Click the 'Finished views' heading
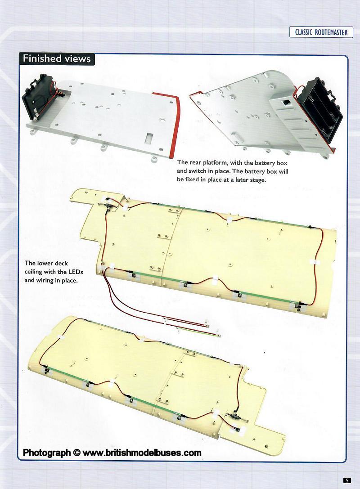click(57, 58)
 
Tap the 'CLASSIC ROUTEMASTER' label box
click(321, 32)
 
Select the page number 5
click(347, 480)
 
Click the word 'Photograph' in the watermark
click(47, 453)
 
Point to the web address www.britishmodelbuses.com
click(142, 453)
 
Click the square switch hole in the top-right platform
click(285, 102)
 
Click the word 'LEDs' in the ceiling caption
click(76, 272)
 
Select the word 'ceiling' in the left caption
click(33, 272)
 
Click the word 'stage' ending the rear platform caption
click(257, 180)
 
